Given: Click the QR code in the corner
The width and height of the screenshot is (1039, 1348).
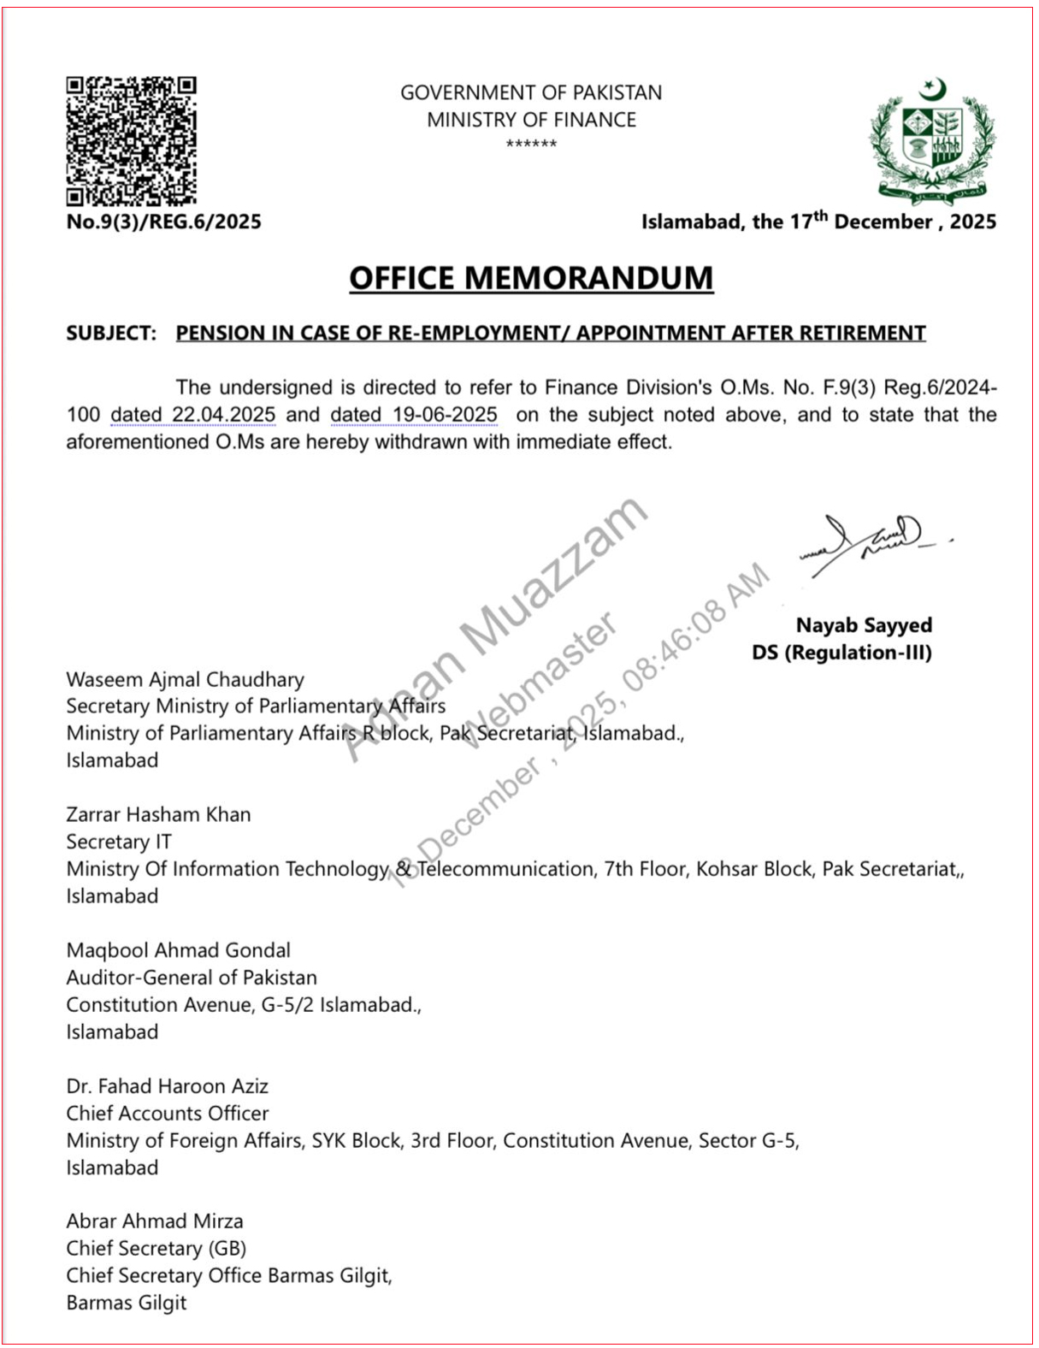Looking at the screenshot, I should point(131,141).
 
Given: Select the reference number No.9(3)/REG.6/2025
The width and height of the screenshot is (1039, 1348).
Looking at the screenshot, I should point(163,222).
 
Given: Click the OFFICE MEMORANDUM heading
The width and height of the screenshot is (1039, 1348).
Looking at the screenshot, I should point(530,278).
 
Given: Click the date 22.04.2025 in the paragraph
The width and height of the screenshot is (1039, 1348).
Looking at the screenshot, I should point(223,415).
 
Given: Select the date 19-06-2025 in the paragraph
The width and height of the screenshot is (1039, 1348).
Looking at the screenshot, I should point(445,415).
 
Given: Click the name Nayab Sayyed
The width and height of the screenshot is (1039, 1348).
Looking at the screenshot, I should point(864,625).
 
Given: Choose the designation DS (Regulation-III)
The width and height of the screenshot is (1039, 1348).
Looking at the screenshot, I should point(841,653).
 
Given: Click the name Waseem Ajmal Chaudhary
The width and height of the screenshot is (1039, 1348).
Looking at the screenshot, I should point(185,679).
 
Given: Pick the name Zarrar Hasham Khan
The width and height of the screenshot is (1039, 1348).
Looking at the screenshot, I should point(158,814).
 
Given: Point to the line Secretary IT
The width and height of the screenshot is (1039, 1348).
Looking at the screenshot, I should point(119,842).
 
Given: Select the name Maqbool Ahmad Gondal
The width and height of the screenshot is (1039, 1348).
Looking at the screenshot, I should point(178,950).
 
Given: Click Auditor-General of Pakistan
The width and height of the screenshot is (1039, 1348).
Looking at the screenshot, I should point(192,978).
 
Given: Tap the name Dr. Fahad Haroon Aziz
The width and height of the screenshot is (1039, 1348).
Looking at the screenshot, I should point(167,1086).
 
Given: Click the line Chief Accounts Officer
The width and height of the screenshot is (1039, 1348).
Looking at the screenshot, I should point(167,1114).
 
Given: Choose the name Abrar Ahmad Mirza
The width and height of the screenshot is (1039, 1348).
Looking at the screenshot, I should point(155,1221).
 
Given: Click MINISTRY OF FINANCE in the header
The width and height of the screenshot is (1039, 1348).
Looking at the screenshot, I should point(531,120).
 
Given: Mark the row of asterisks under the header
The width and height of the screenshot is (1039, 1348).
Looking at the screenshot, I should point(531,144).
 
